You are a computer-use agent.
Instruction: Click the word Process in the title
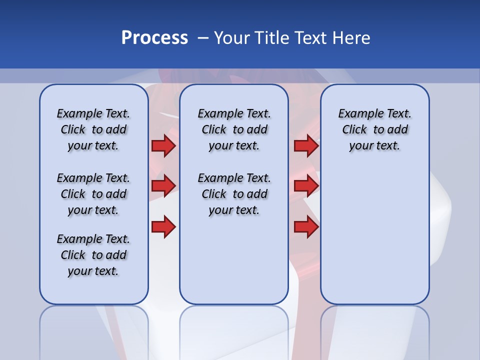154,38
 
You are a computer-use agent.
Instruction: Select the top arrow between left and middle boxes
163,146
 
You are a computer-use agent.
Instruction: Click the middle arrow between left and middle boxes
163,186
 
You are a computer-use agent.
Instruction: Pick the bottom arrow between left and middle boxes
163,227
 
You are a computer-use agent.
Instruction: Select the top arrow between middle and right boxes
306,146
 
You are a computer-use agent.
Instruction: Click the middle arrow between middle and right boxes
306,186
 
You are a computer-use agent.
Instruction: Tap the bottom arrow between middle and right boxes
306,227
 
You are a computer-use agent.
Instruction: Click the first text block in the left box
93,129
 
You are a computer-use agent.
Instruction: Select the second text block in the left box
93,194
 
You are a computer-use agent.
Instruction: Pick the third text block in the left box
93,255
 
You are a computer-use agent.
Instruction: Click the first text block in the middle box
234,129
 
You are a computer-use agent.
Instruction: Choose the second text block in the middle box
234,194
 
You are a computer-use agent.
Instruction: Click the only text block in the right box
374,129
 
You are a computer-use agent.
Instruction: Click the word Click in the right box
354,130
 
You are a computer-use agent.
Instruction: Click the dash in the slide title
203,38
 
